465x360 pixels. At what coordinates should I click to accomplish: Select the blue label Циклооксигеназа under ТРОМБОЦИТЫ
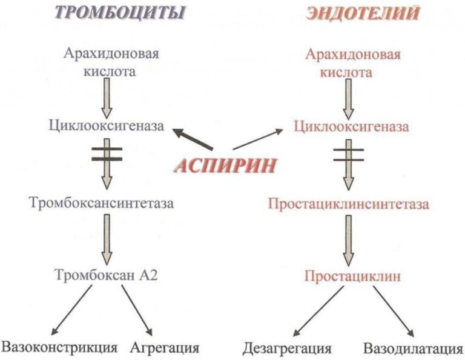pos(107,126)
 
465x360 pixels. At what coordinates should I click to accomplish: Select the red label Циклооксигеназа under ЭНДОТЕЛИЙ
pos(351,127)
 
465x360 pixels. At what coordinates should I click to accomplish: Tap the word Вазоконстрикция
pos(59,348)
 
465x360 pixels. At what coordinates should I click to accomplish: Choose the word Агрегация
pos(165,348)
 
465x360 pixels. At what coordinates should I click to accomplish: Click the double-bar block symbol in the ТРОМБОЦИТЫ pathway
pos(107,154)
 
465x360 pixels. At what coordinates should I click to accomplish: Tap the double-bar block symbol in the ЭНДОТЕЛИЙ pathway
pos(349,155)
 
